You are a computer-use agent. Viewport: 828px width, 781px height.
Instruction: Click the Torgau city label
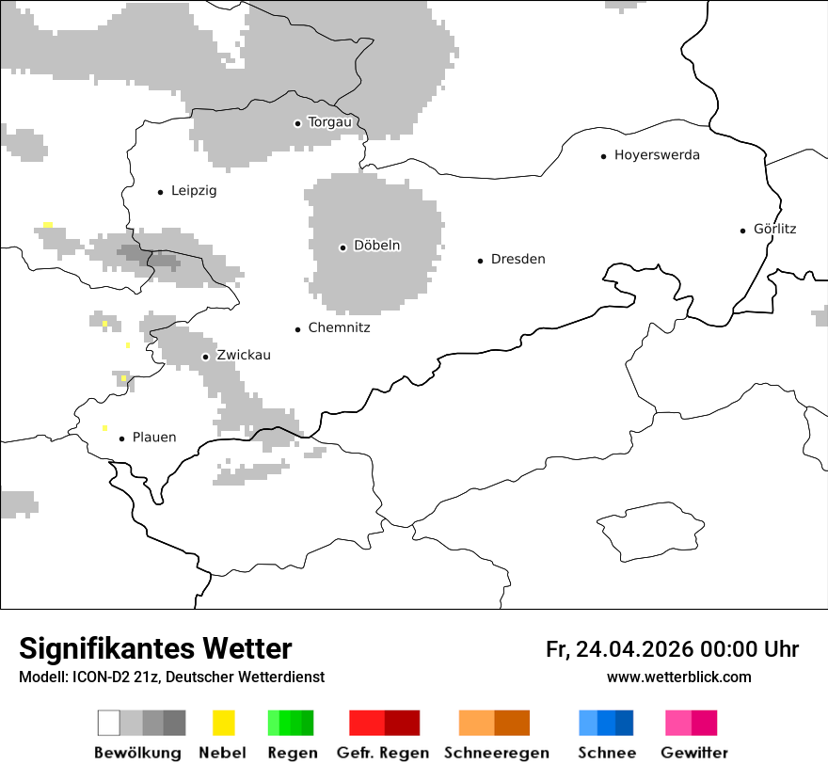pyautogui.click(x=329, y=122)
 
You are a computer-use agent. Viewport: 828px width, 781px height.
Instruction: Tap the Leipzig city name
pyautogui.click(x=194, y=191)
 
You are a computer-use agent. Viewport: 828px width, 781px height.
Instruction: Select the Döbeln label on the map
pyautogui.click(x=376, y=246)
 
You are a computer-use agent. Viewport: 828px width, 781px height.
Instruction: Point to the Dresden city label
pyautogui.click(x=517, y=259)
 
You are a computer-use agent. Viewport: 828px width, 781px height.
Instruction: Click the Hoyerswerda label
pyautogui.click(x=657, y=155)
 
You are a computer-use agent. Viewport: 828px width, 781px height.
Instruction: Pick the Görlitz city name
pyautogui.click(x=774, y=229)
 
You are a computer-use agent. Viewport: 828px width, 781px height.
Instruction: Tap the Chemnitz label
pyautogui.click(x=339, y=327)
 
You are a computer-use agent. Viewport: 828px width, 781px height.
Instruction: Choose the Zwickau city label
pyautogui.click(x=244, y=356)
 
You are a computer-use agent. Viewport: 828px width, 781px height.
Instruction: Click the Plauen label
pyautogui.click(x=154, y=438)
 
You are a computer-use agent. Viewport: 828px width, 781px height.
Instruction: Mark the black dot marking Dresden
pyautogui.click(x=481, y=260)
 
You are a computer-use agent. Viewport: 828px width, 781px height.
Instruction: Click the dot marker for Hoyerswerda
pyautogui.click(x=604, y=156)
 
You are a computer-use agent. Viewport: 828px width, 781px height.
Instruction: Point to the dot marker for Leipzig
pyautogui.click(x=161, y=192)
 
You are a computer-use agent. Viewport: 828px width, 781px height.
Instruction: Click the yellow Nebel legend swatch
pyautogui.click(x=223, y=723)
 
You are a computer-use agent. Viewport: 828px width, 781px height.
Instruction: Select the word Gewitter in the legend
pyautogui.click(x=694, y=753)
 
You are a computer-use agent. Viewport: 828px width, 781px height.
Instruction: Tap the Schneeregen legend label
pyautogui.click(x=497, y=753)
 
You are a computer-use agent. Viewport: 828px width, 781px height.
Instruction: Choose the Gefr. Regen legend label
pyautogui.click(x=383, y=753)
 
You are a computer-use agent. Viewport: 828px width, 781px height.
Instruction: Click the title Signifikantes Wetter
pyautogui.click(x=155, y=648)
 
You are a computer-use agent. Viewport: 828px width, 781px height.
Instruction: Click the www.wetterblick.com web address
pyautogui.click(x=678, y=677)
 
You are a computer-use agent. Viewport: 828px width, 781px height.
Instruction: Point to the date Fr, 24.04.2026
pyautogui.click(x=619, y=649)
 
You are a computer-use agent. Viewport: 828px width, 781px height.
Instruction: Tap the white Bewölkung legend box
pyautogui.click(x=109, y=723)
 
